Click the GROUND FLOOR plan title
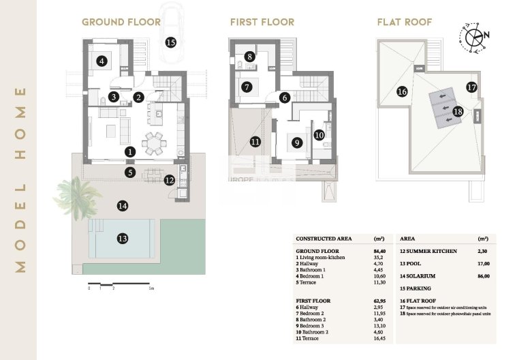pos(121,22)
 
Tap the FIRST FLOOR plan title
pos(262,22)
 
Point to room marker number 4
pos(101,61)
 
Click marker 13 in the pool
pos(122,238)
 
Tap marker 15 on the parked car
pos(170,42)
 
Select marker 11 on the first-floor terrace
pos(255,142)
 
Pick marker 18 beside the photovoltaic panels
pos(458,111)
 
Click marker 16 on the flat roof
pos(402,91)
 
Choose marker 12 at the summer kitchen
pos(170,180)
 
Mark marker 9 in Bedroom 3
pos(296,142)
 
